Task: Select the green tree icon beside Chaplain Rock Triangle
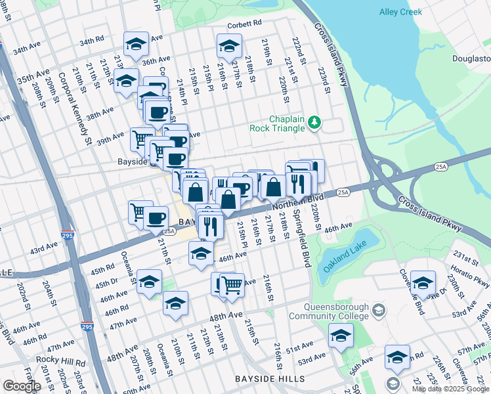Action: pyautogui.click(x=315, y=122)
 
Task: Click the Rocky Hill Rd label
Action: pyautogui.click(x=60, y=361)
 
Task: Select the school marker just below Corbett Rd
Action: pyautogui.click(x=228, y=46)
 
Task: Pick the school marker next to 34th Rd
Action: pyautogui.click(x=136, y=44)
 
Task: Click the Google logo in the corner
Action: pyautogui.click(x=22, y=386)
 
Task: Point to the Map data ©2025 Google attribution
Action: pyautogui.click(x=450, y=389)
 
